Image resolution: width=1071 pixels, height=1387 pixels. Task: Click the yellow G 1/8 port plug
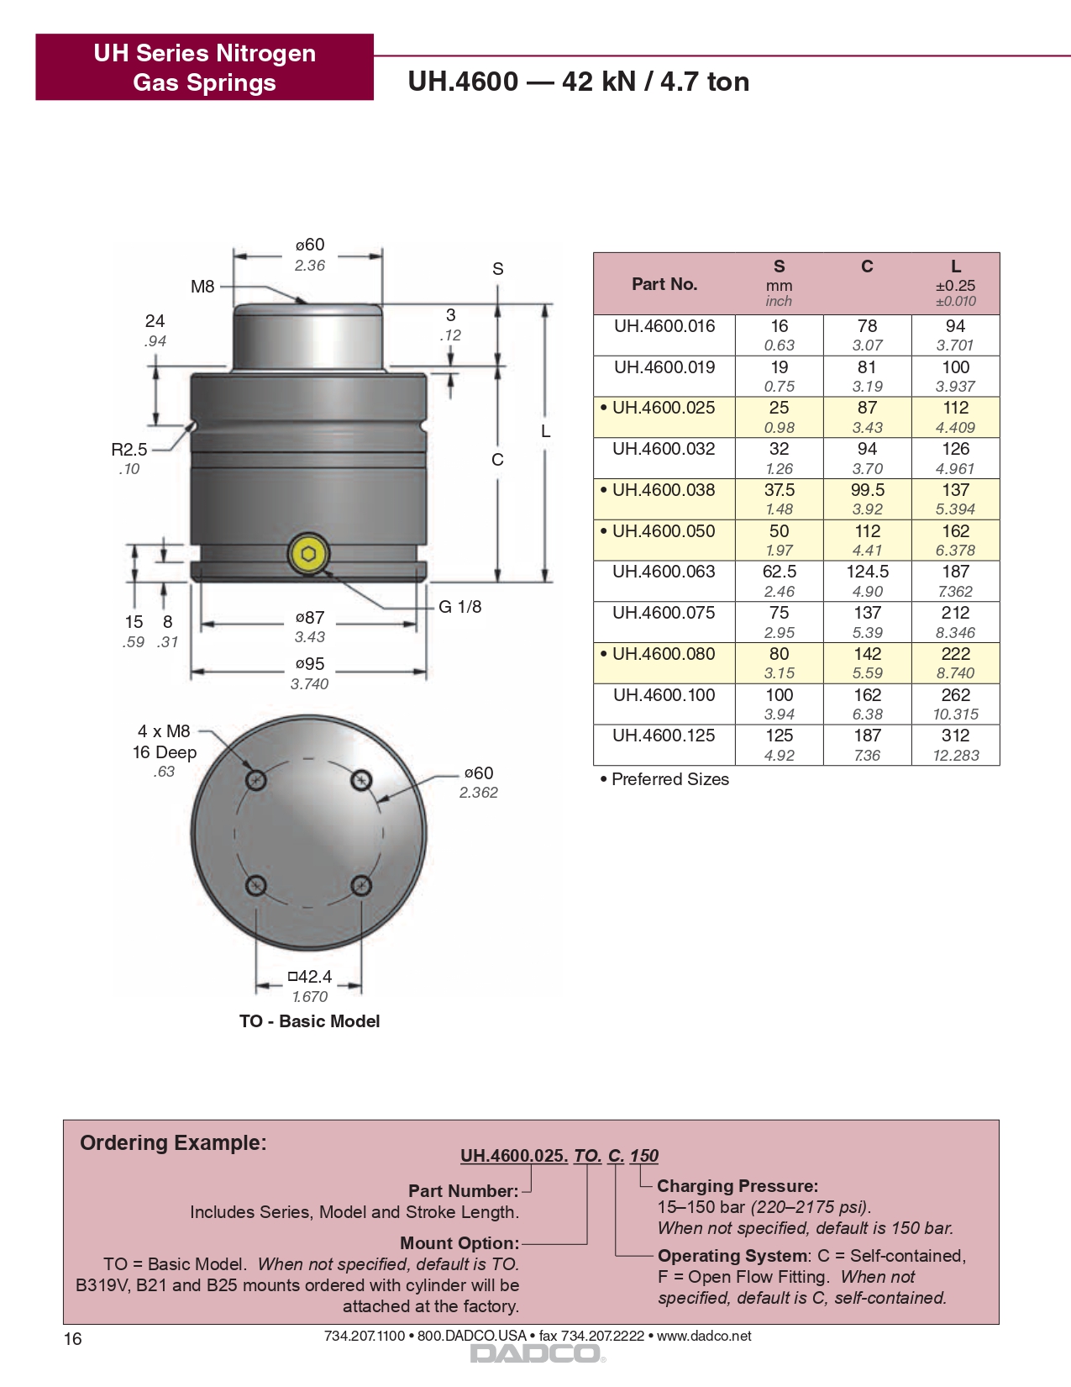(x=308, y=554)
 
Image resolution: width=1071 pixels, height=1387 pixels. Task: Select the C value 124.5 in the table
(x=867, y=572)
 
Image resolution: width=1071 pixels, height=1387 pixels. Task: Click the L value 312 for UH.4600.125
(x=955, y=736)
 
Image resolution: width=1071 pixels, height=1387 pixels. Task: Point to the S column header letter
(x=779, y=266)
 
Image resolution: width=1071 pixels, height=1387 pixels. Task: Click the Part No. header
(x=664, y=284)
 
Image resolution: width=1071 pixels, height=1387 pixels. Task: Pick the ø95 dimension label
(x=309, y=664)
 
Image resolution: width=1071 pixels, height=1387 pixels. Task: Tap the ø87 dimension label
(x=309, y=618)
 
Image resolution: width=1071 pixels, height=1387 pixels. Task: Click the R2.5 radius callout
(x=129, y=450)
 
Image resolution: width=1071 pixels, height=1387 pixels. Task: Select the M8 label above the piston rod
(x=202, y=287)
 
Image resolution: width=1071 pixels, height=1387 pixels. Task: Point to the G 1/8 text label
(x=460, y=607)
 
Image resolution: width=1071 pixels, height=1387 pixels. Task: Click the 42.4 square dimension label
(x=310, y=977)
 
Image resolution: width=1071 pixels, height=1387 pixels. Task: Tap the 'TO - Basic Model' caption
(x=309, y=1021)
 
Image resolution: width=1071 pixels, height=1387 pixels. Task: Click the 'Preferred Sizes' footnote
(x=669, y=779)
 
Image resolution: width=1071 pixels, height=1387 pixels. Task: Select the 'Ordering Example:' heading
(x=173, y=1143)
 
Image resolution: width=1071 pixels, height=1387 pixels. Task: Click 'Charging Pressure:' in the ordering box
(x=737, y=1186)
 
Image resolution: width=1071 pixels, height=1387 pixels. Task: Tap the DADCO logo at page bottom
(x=536, y=1353)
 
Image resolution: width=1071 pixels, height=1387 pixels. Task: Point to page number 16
(x=73, y=1339)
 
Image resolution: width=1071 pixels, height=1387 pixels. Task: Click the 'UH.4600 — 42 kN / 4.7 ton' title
(x=578, y=82)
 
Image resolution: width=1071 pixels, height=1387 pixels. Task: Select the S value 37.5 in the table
(x=779, y=490)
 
